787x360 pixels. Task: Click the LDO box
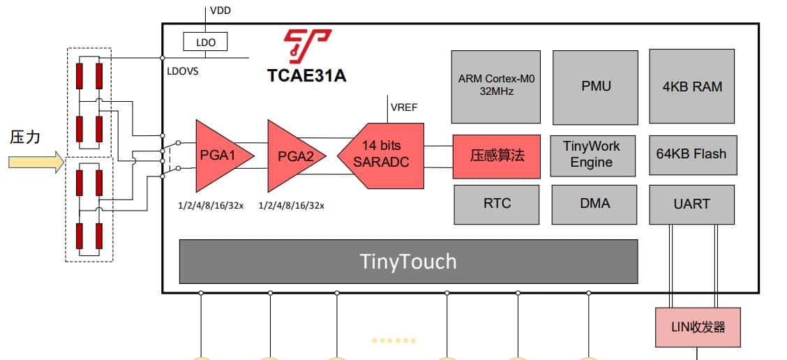tap(207, 43)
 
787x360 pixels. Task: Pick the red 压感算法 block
tap(497, 156)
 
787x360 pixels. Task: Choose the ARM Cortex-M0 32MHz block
tap(495, 86)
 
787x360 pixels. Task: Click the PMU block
tap(595, 87)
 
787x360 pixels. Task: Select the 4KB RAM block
tap(691, 87)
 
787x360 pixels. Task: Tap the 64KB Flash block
tap(691, 154)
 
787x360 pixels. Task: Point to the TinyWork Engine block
tap(592, 155)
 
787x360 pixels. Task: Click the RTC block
tap(497, 204)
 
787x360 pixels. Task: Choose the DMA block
tap(594, 204)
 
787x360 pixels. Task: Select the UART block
tap(691, 204)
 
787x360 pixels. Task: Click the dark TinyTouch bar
tap(408, 262)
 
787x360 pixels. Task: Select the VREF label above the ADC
tap(405, 107)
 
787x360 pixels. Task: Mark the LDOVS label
tap(183, 70)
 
